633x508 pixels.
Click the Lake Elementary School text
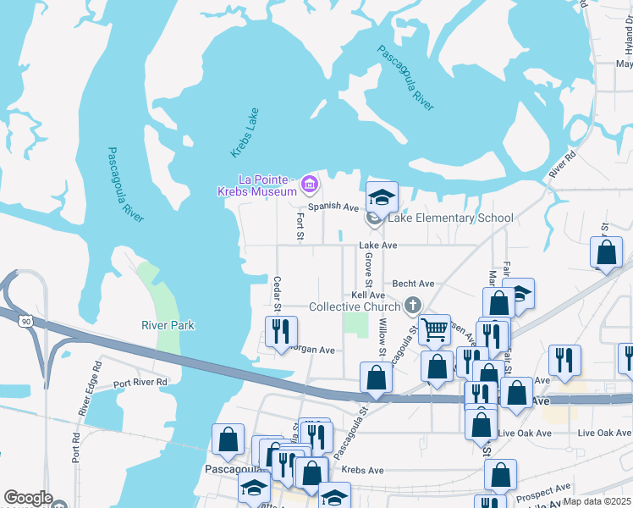[450, 218]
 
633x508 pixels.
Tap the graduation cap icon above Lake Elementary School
[382, 197]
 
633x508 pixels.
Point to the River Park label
[168, 325]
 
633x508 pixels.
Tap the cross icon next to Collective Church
[413, 305]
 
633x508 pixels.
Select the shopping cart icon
[435, 329]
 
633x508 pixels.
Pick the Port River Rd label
[140, 382]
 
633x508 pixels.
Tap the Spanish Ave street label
[333, 206]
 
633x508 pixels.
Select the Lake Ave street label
[377, 246]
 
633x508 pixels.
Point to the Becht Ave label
[414, 284]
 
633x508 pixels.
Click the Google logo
[29, 499]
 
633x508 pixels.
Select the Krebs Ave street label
[362, 470]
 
